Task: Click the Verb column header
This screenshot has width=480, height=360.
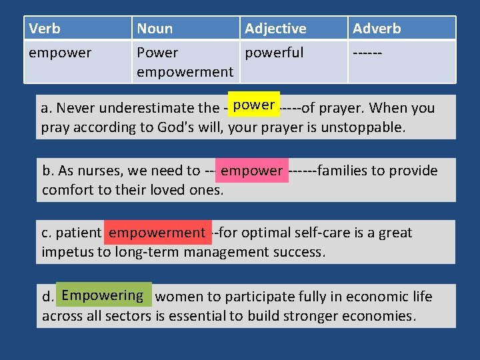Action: click(45, 29)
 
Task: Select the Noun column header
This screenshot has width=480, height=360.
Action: click(155, 29)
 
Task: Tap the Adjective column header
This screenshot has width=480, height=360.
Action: click(275, 29)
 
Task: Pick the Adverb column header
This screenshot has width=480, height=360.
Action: click(377, 29)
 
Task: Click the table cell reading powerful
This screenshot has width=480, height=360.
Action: click(274, 52)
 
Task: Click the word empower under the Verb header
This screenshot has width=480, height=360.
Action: click(60, 52)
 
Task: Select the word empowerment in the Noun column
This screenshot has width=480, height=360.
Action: click(185, 71)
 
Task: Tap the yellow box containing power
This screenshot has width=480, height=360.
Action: click(255, 105)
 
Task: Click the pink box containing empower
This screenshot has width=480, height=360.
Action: click(252, 171)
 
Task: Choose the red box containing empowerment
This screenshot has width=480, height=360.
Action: click(157, 233)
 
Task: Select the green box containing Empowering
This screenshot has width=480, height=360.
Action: click(103, 295)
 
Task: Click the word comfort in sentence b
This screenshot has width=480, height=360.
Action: click(66, 189)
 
